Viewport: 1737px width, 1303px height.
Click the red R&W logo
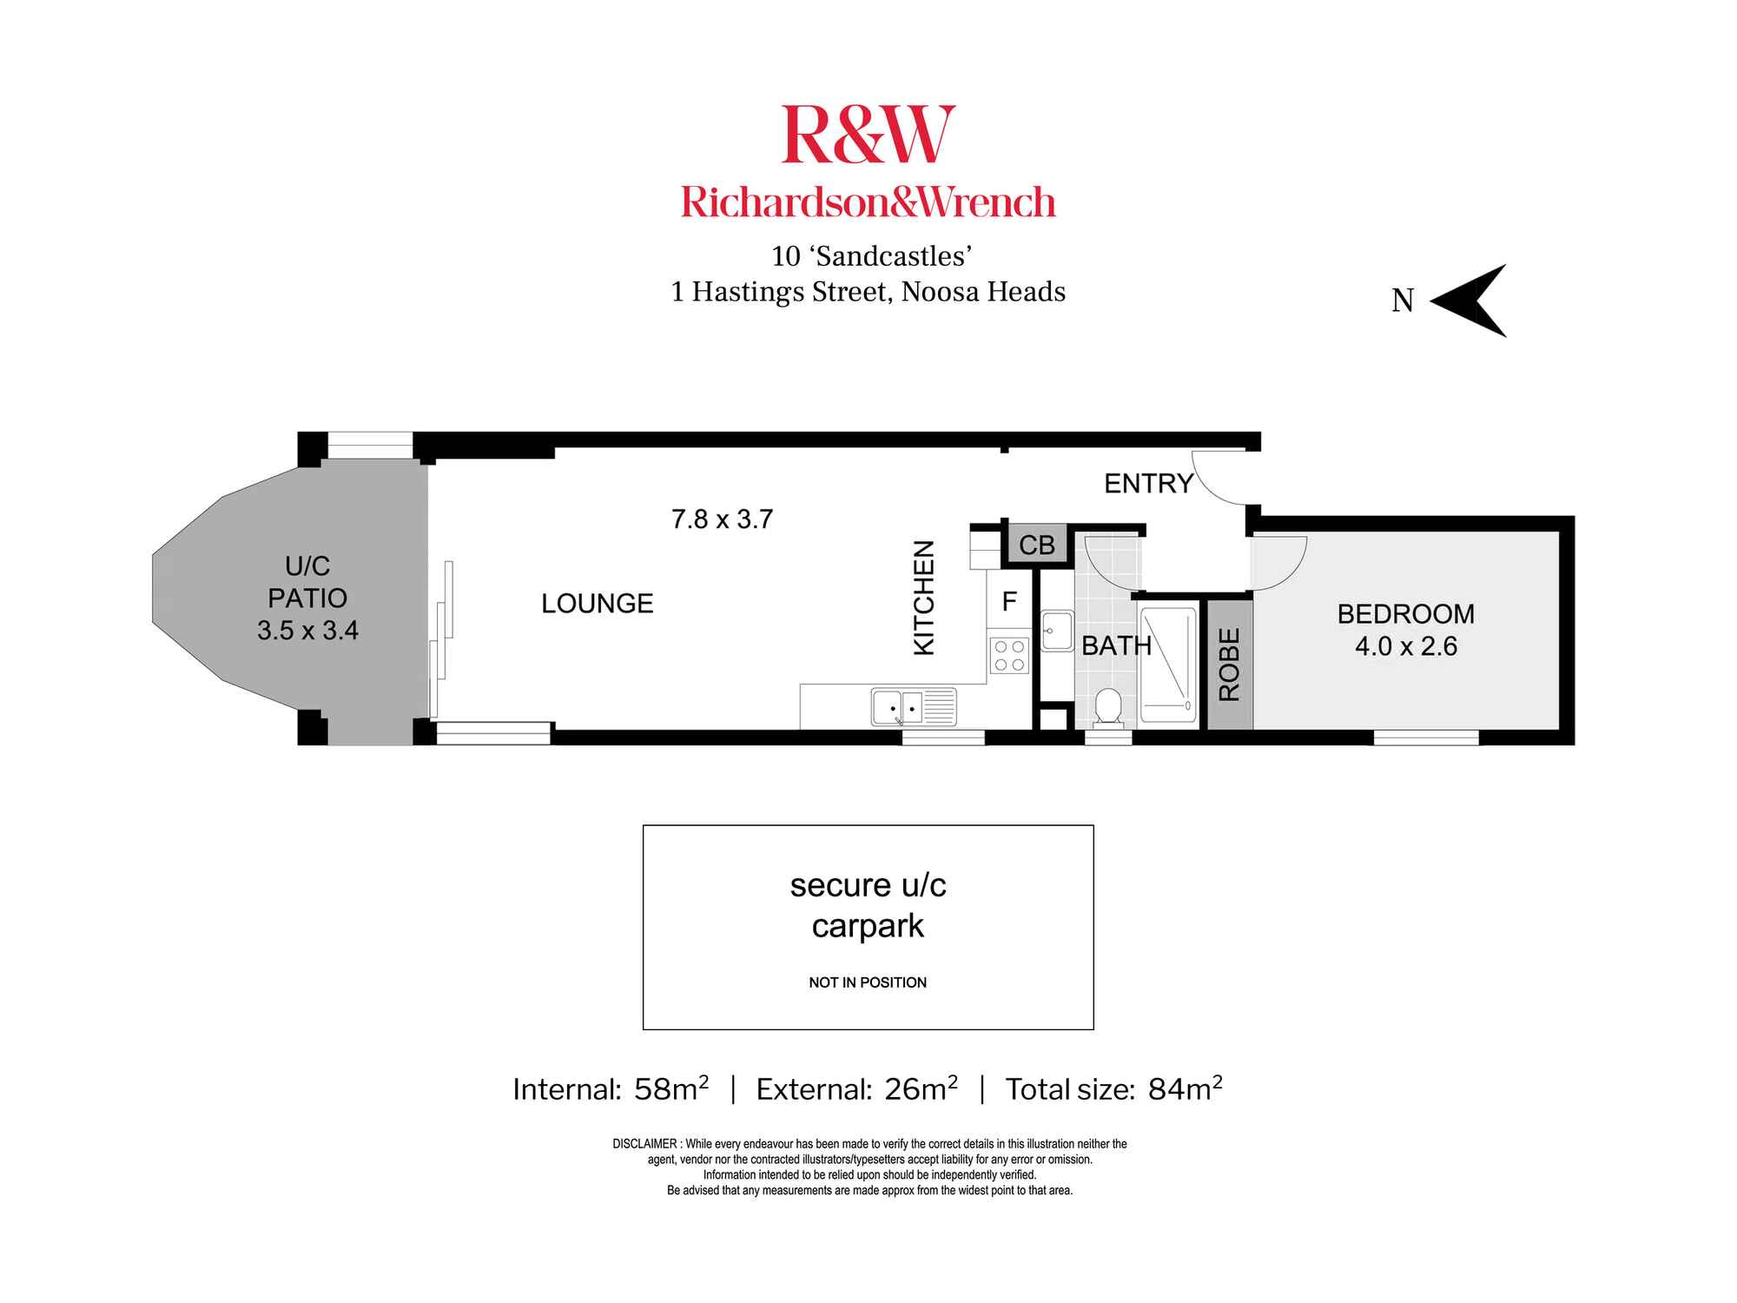pos(868,135)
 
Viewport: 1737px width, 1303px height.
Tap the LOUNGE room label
pos(597,603)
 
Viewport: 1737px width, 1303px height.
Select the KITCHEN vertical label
pos(924,598)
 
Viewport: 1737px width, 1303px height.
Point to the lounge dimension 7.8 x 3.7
pos(722,519)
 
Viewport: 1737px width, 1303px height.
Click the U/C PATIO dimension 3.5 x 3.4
pos(307,630)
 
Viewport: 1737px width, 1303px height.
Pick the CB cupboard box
pos(1036,546)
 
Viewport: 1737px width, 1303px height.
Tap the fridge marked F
pos(1009,601)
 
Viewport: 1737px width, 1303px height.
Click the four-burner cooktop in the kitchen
pos(1010,655)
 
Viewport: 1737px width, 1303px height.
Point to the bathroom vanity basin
pos(1057,631)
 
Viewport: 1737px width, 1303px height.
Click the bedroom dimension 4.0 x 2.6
pos(1405,646)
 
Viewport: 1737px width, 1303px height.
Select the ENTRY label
pos(1148,484)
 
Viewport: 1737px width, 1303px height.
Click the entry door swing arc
pos(1220,480)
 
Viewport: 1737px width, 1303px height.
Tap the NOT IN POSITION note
pos(868,982)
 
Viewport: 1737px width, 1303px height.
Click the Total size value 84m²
pos(1185,1088)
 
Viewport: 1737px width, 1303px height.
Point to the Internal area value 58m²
pos(671,1088)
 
